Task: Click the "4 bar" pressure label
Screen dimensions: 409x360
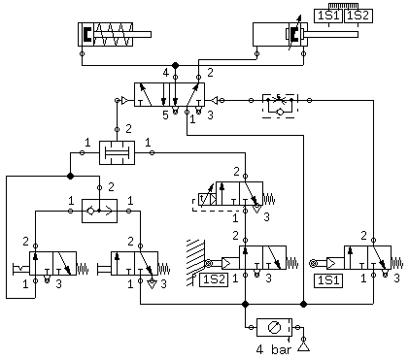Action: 273,350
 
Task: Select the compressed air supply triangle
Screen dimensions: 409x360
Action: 303,347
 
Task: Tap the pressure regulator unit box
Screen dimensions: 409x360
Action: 274,327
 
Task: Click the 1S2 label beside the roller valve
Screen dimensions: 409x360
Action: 214,279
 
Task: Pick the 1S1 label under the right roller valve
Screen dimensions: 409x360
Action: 328,280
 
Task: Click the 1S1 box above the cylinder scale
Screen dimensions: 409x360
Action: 329,16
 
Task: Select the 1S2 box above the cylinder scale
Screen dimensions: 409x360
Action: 358,16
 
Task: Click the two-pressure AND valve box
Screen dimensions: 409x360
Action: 117,152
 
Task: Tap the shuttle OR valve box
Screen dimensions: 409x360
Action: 99,211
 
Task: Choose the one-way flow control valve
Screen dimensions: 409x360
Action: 280,106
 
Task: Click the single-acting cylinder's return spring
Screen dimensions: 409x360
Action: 113,34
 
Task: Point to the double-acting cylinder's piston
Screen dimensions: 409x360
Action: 294,35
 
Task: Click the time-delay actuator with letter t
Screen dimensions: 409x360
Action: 204,200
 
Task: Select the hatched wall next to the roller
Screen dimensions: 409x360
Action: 195,263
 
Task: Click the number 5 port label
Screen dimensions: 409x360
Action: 165,115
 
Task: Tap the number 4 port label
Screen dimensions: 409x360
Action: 165,73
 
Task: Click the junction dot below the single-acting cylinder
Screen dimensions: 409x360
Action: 175,65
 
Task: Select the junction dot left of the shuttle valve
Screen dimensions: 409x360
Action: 70,176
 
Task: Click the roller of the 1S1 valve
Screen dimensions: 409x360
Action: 313,263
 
